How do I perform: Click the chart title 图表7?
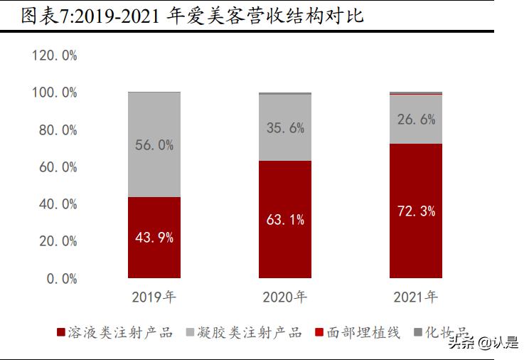pos(192,16)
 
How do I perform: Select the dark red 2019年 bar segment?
pos(154,256)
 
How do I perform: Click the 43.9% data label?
pos(154,238)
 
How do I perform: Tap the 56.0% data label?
pos(154,145)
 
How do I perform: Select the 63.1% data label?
pos(284,220)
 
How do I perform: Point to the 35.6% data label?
pos(284,128)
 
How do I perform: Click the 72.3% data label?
pos(416,211)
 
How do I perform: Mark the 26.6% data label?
pos(416,120)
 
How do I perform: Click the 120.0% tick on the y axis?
pos(54,55)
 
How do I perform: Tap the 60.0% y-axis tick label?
pos(58,167)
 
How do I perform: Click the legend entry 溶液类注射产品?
pos(114,332)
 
